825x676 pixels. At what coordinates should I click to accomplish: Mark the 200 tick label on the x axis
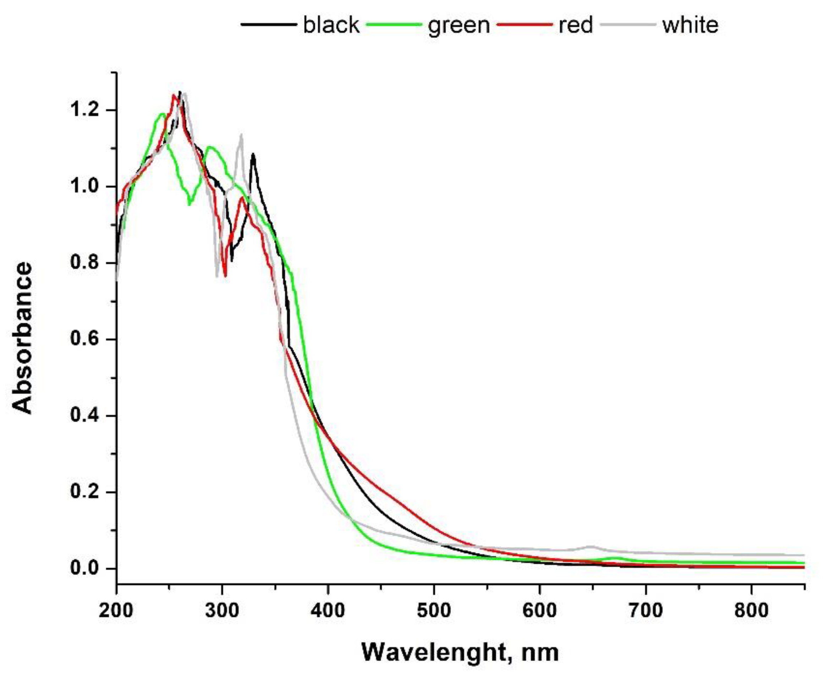(x=116, y=610)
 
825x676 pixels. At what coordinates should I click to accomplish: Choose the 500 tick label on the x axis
(x=434, y=610)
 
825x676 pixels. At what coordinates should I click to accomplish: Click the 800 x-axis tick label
(x=751, y=610)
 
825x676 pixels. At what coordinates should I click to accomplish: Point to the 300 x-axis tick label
(x=222, y=610)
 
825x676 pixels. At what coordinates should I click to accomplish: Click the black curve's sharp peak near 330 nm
(x=253, y=154)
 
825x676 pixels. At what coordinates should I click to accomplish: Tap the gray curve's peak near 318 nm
(x=241, y=135)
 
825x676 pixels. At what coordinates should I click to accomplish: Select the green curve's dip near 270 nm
(x=190, y=204)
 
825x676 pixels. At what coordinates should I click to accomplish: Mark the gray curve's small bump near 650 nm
(x=592, y=546)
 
